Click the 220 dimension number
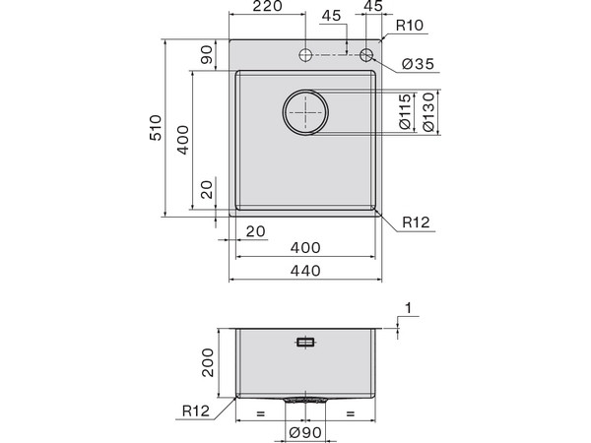[266, 8]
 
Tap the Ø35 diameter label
[417, 65]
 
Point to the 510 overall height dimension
[155, 128]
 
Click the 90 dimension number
[207, 56]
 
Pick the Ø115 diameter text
[405, 113]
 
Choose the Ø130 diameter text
[429, 113]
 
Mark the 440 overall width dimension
[305, 272]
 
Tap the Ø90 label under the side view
[305, 431]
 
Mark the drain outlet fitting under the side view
[306, 401]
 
